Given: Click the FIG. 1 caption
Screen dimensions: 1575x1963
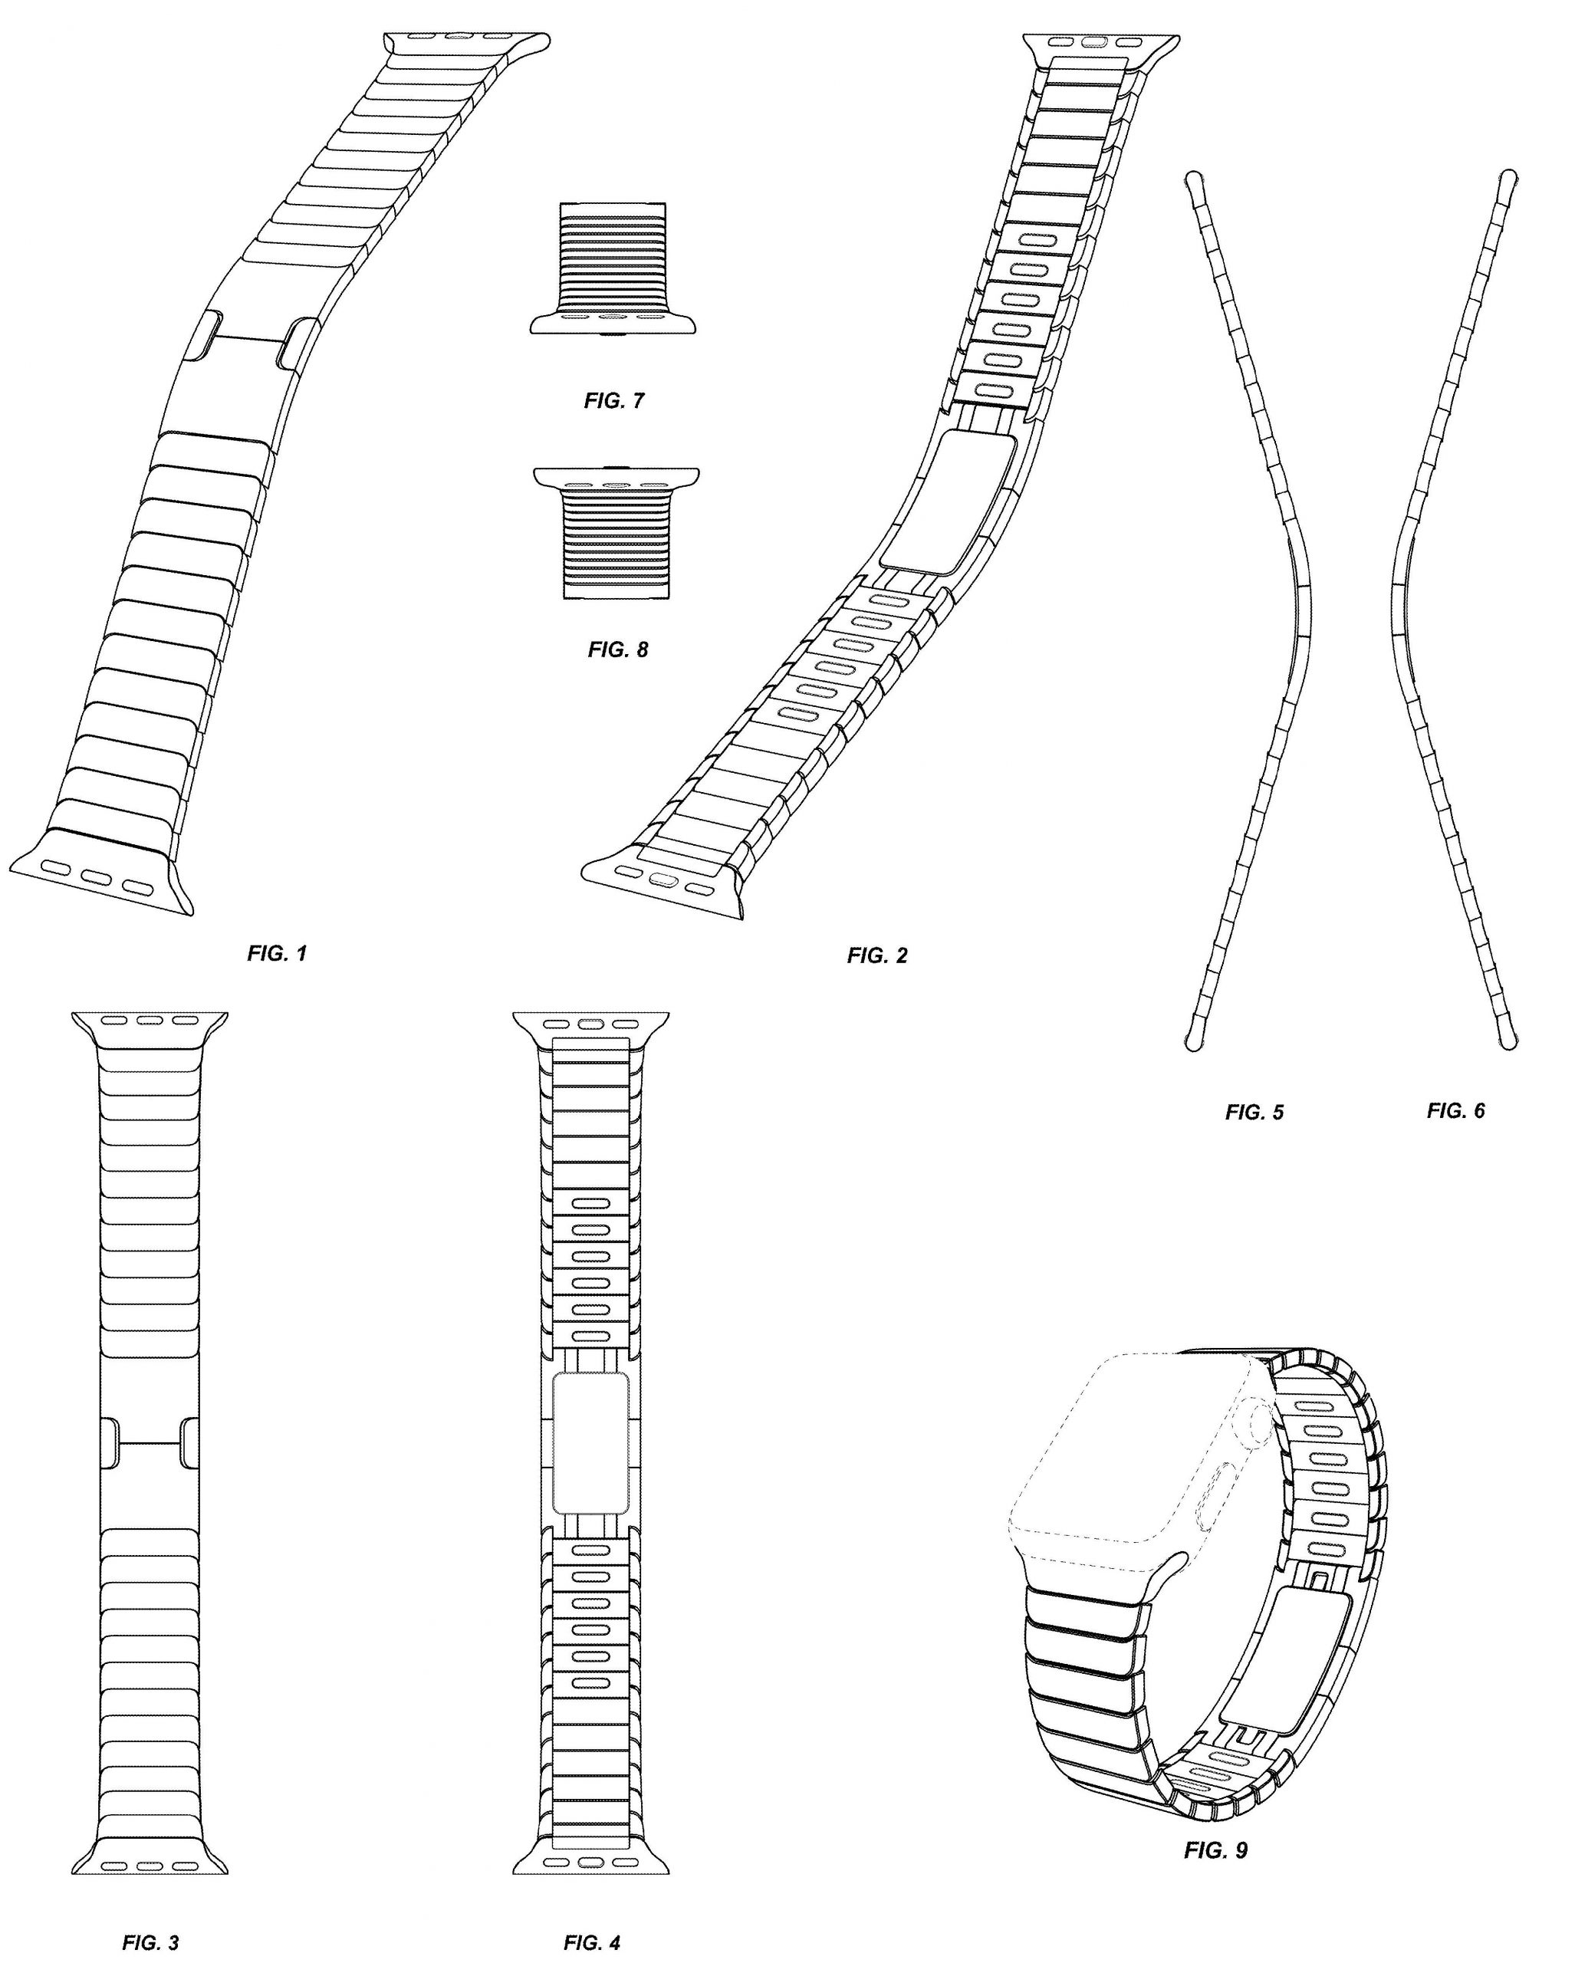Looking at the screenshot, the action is coord(277,953).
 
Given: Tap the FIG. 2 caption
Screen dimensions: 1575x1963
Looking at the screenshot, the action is coord(876,955).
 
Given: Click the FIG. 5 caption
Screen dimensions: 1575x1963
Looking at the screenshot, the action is coord(1254,1112).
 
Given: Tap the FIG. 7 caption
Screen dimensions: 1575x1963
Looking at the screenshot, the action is coord(613,400).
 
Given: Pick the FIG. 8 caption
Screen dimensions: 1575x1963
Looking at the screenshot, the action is coord(617,649).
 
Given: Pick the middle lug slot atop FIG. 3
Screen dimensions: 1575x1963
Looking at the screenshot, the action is coord(150,1020).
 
